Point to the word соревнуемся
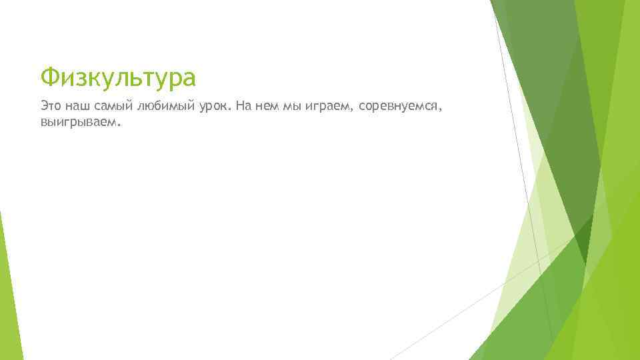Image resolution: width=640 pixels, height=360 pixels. tap(398, 105)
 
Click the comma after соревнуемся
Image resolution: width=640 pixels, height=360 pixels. tap(441, 109)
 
